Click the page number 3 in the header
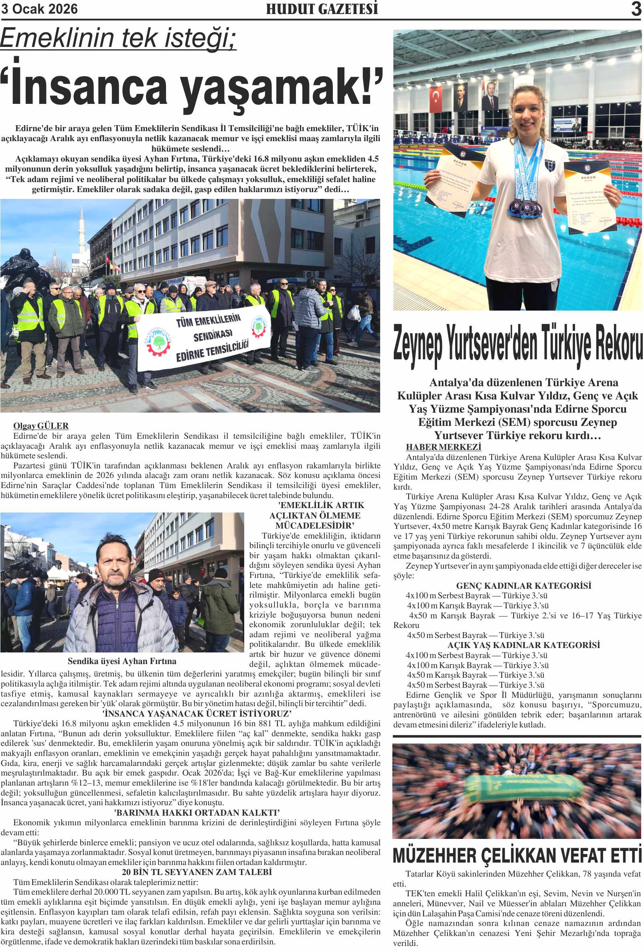(636, 9)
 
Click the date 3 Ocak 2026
(39, 9)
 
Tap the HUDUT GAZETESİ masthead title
(322, 9)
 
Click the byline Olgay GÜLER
(41, 425)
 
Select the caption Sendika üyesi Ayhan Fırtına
(122, 661)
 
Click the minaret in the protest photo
(82, 231)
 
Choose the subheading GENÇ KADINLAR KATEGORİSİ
(523, 586)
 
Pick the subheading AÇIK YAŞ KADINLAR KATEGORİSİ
(523, 645)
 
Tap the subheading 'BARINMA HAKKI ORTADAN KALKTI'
(196, 812)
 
